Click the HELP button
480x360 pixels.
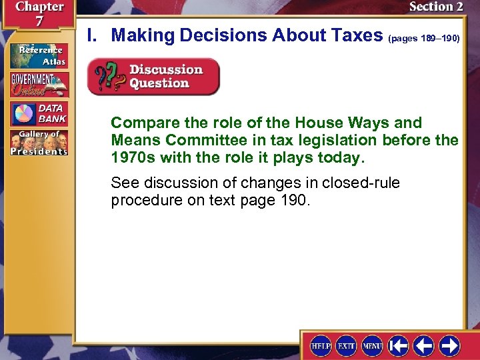(321, 345)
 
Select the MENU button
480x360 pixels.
(372, 345)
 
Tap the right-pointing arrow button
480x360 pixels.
(449, 345)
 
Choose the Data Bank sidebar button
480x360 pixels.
(38, 113)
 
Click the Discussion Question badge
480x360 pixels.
(153, 77)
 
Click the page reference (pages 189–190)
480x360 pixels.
(424, 39)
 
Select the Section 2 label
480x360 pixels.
(435, 7)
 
